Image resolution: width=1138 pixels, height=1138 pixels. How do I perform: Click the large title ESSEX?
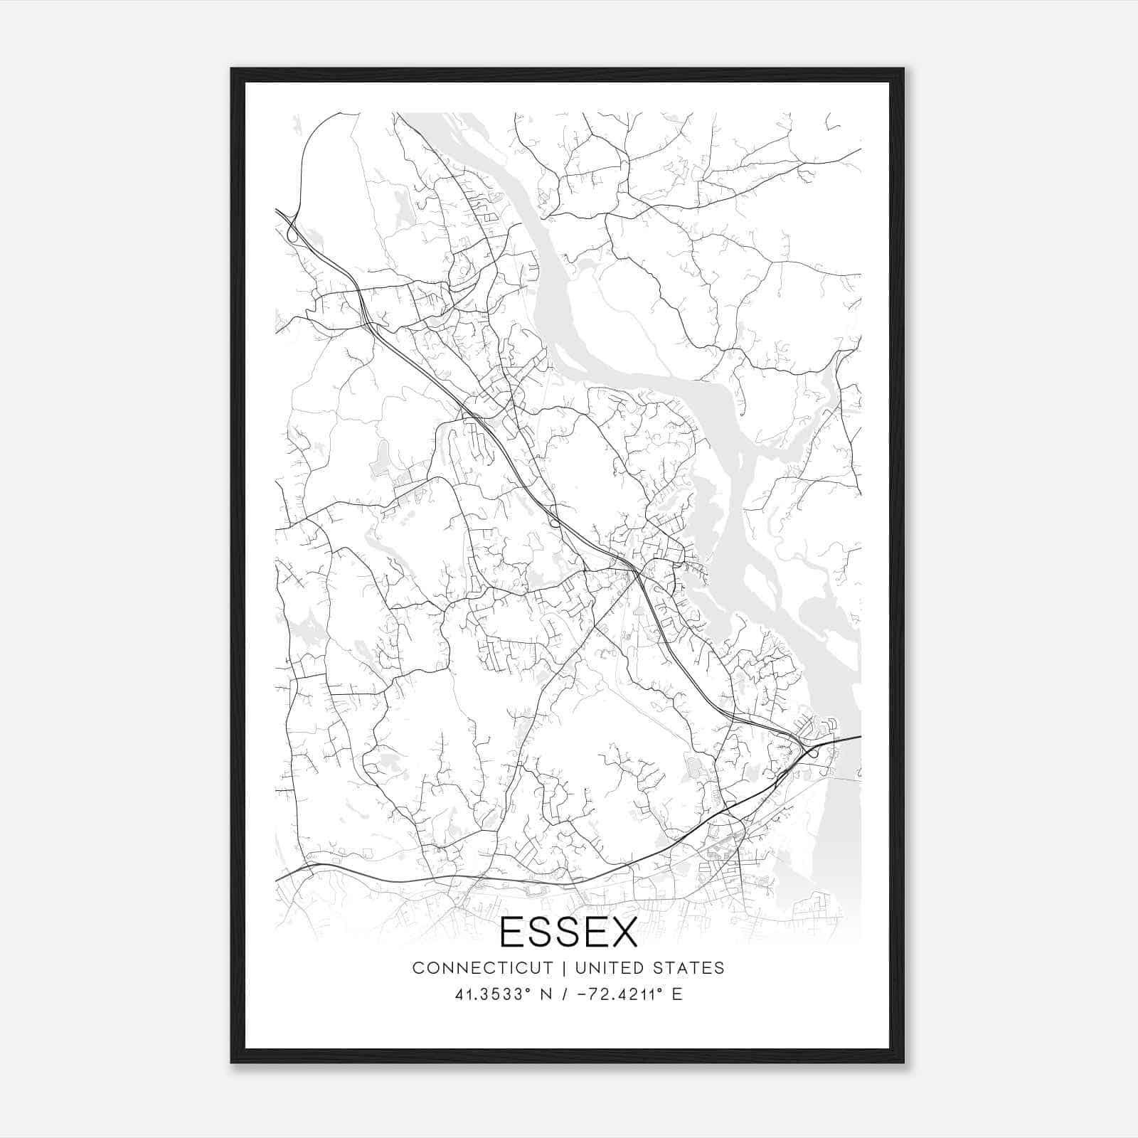569,932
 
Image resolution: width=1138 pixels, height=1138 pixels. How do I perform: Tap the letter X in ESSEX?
622,932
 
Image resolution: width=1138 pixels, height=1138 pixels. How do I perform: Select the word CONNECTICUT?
482,968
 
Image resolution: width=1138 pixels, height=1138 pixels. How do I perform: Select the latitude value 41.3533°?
491,994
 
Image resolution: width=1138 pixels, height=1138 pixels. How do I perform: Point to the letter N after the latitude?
547,994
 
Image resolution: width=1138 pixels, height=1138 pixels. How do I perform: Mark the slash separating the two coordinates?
564,994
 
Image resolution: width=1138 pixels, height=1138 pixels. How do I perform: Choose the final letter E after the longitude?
677,994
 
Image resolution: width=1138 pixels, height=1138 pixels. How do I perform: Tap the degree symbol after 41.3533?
529,989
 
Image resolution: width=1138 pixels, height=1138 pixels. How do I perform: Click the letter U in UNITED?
580,968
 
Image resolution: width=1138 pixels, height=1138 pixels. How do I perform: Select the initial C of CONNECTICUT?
418,968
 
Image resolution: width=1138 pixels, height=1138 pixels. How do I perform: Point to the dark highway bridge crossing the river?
836,740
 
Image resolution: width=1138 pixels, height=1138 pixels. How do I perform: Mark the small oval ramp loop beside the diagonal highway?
554,523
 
